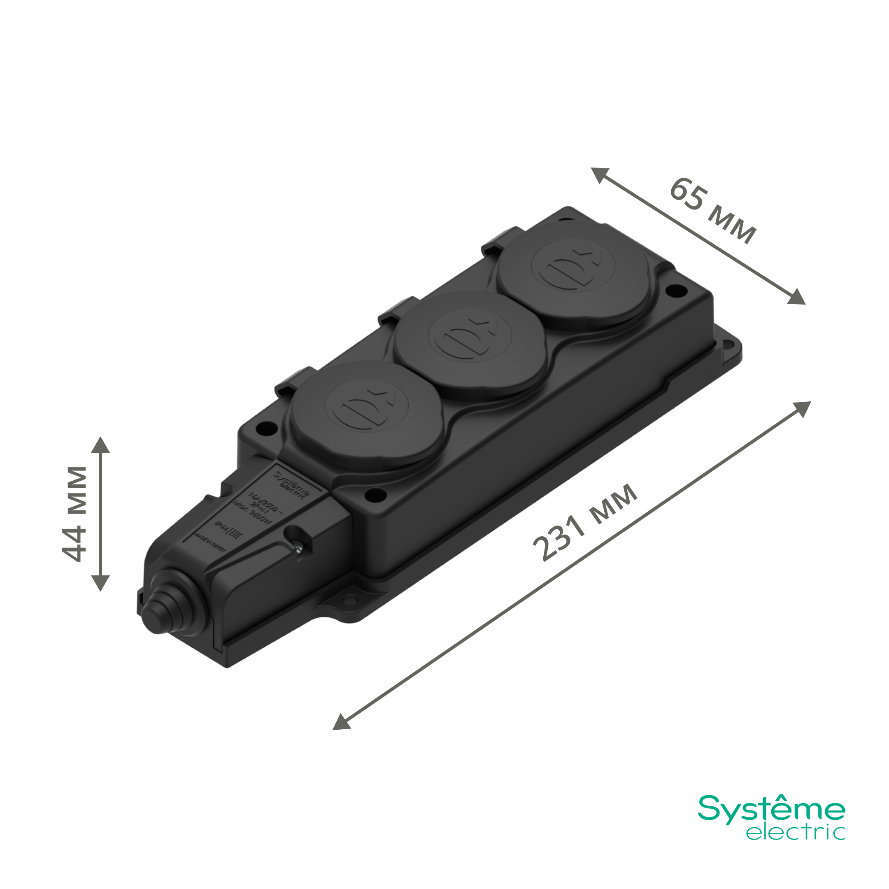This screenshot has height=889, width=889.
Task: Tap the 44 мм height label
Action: (74, 514)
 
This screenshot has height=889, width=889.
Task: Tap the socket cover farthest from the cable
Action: (573, 275)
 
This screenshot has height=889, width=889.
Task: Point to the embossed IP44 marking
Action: (222, 526)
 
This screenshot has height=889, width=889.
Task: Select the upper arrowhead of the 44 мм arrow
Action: (100, 445)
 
